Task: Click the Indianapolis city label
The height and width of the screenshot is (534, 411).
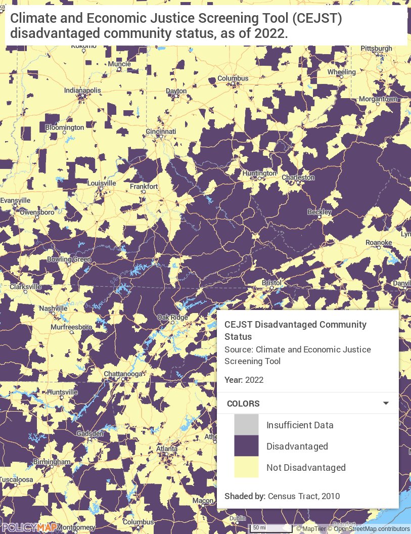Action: coord(83,91)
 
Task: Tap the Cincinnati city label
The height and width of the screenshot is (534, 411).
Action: coord(161,131)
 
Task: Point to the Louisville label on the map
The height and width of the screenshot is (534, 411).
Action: coord(102,183)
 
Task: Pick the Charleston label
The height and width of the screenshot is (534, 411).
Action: coord(298,177)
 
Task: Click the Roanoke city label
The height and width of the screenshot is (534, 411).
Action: coord(379,243)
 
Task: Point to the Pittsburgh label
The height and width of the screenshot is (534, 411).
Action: coord(376,49)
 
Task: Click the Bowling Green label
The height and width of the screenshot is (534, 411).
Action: coord(69,259)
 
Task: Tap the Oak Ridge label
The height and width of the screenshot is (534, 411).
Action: coord(172,317)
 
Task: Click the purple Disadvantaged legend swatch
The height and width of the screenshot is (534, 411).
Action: coord(246,447)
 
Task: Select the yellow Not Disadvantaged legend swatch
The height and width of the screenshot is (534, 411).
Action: coord(246,468)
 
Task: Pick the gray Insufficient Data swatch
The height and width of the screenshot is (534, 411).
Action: coord(246,425)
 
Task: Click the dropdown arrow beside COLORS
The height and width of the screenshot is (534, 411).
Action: coord(386,404)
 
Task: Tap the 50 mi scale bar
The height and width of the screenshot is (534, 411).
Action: coord(271,528)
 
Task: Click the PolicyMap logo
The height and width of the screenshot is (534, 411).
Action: coord(28,527)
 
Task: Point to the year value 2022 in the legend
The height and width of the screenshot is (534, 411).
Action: coord(254,380)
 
